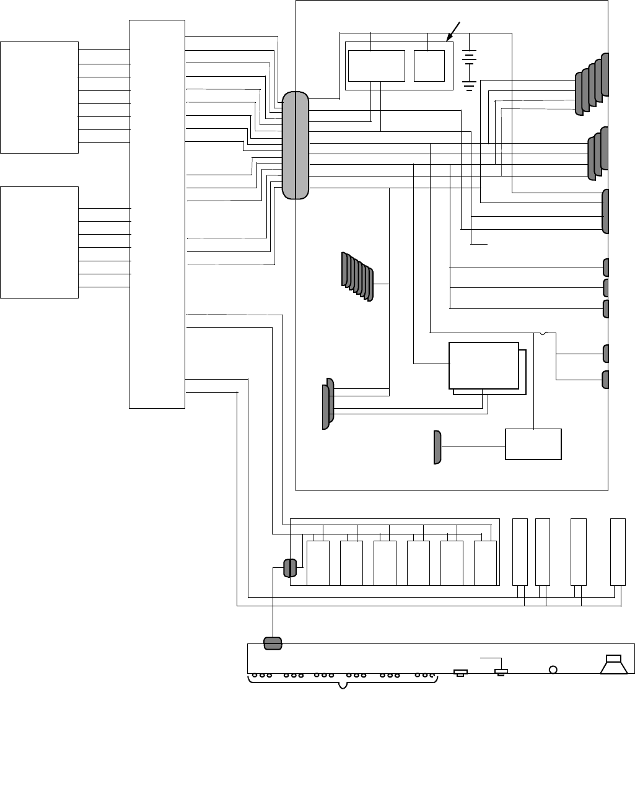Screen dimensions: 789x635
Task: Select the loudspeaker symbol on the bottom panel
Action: click(615, 663)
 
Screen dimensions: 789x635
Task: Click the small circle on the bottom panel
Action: click(553, 669)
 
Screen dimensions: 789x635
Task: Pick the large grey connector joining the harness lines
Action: click(296, 146)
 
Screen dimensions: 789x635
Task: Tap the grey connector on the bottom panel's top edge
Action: click(273, 643)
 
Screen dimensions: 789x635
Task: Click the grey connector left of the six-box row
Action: click(289, 568)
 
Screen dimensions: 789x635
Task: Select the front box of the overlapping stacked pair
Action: click(484, 365)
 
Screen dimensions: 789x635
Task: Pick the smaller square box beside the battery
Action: click(429, 66)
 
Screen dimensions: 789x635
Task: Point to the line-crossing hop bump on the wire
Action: click(543, 334)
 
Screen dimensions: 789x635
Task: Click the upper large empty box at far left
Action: click(40, 97)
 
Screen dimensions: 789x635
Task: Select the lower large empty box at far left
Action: click(40, 242)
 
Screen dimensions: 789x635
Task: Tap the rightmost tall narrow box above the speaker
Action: click(618, 551)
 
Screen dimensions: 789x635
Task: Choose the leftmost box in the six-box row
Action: click(318, 563)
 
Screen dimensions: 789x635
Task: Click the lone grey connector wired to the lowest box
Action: click(437, 447)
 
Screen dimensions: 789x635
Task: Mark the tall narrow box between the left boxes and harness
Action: click(157, 214)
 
